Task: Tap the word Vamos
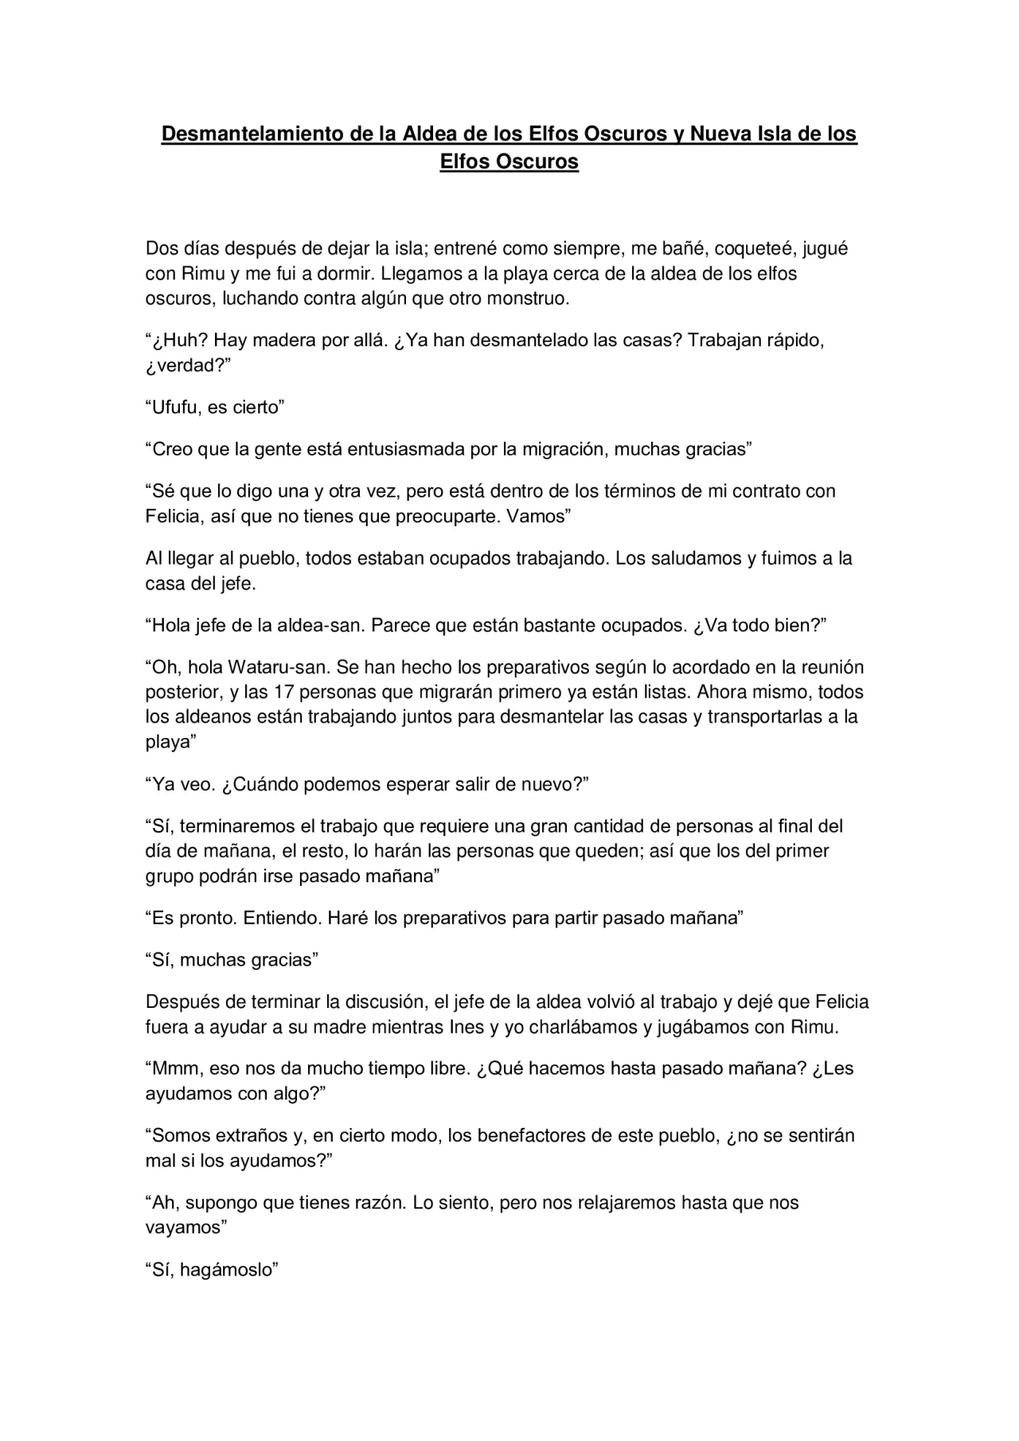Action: pyautogui.click(x=541, y=516)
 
